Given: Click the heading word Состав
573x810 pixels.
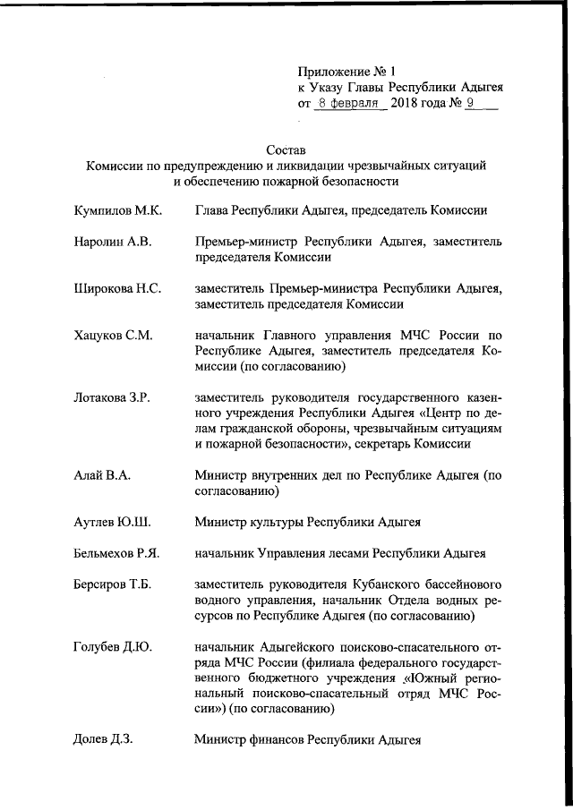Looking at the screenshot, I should pos(286,149).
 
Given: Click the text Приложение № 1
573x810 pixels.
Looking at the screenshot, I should pos(345,71).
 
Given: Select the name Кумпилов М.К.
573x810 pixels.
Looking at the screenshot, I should pos(117,211).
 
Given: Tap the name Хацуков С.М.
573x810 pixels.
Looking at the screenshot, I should pos(113,336).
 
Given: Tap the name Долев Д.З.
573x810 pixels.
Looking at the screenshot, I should pos(103,739).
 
